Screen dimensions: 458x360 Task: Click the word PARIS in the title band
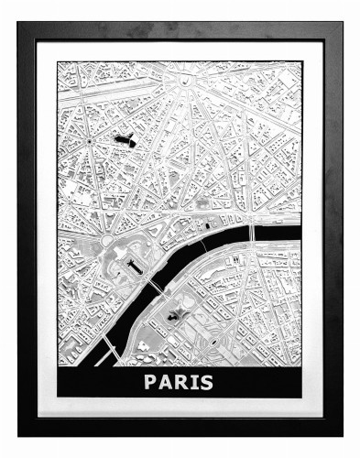tap(179, 381)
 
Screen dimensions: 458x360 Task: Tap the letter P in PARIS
tap(150, 381)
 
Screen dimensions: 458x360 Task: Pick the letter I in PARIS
tap(194, 381)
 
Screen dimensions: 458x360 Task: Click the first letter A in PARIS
tap(165, 381)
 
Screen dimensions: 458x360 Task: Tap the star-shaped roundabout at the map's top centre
tap(191, 81)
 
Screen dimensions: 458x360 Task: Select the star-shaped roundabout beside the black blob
tap(89, 145)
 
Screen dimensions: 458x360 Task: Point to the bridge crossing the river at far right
tap(251, 232)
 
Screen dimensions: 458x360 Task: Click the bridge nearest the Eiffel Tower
tap(156, 288)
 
